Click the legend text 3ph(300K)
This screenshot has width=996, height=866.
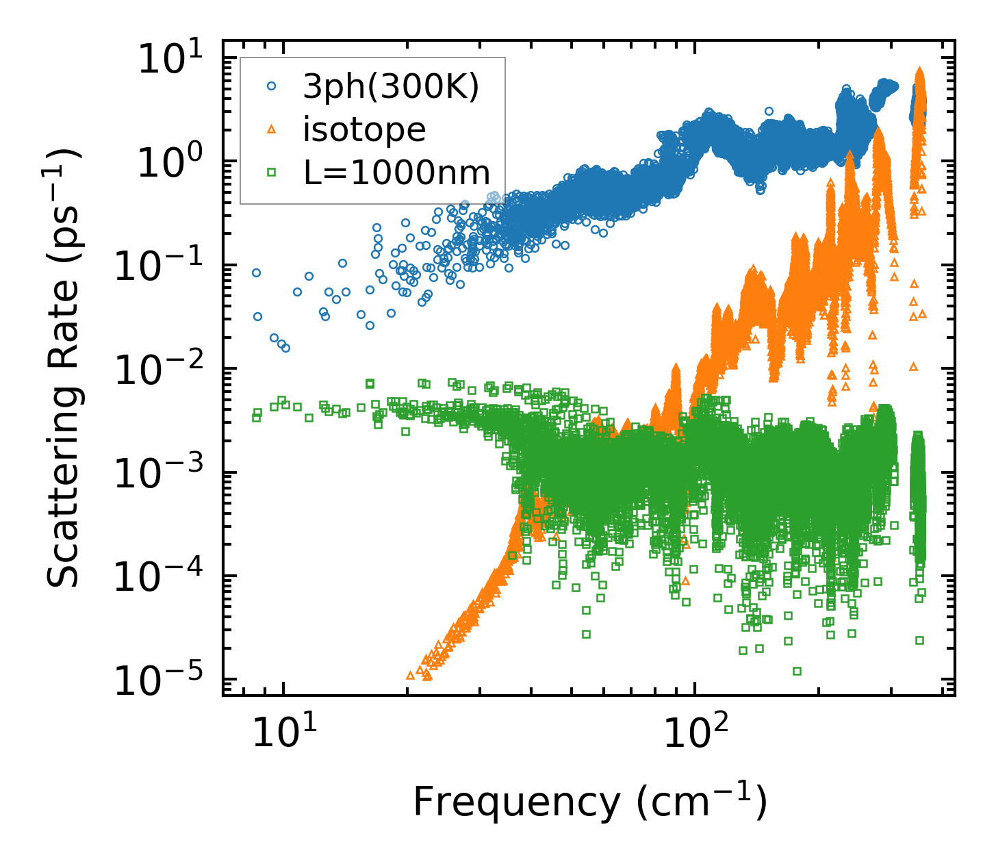tap(392, 87)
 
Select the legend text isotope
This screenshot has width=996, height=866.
tap(365, 129)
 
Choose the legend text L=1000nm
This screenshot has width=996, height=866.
tap(397, 173)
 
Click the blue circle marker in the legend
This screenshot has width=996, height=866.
tap(272, 86)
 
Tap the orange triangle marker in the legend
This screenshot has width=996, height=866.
tap(272, 129)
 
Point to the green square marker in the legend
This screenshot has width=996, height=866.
tap(272, 173)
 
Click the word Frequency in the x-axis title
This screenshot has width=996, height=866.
tap(517, 802)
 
